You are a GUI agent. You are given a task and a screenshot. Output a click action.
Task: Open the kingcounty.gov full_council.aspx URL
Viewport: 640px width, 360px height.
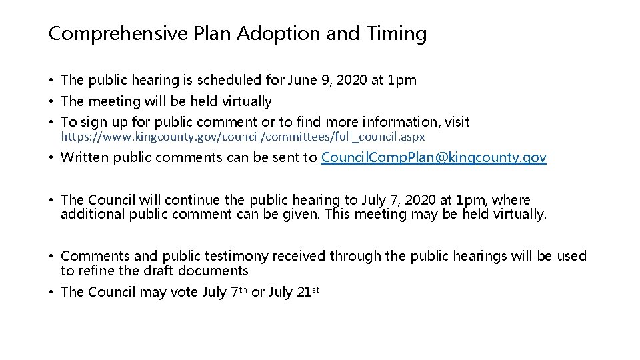tap(243, 136)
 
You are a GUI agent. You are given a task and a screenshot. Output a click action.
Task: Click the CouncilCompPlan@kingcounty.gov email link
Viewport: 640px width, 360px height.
tap(434, 157)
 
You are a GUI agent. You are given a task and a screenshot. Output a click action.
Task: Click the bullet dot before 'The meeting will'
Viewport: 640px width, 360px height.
tap(51, 102)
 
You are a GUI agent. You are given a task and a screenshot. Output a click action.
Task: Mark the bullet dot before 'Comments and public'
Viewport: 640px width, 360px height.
tap(51, 257)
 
